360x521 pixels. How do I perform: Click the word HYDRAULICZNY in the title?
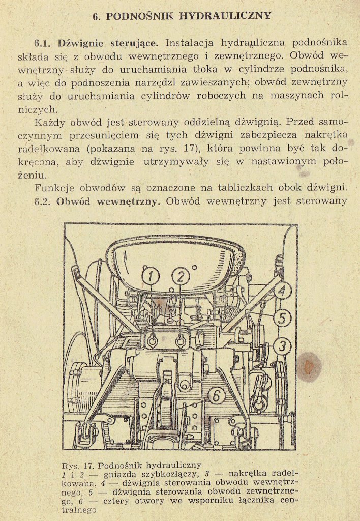[x=225, y=16]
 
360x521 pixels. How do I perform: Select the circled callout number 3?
[x=282, y=346]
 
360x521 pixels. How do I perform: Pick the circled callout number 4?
[x=282, y=291]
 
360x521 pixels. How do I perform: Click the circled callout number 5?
[x=282, y=318]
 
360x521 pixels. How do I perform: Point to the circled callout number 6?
[x=216, y=396]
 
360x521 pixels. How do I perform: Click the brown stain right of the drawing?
[x=309, y=366]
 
